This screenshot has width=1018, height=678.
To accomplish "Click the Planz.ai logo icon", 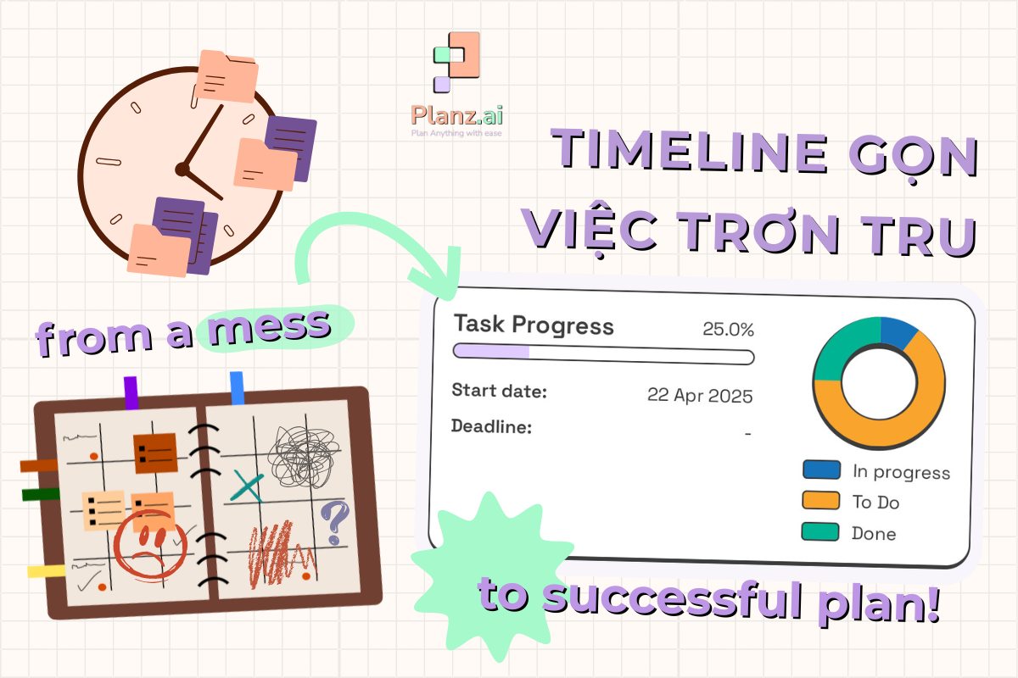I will pyautogui.click(x=456, y=61).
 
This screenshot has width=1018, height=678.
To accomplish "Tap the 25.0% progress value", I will pyautogui.click(x=728, y=330).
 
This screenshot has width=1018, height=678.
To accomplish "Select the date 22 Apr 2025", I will pyautogui.click(x=699, y=396).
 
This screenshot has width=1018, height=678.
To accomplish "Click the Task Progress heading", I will pyautogui.click(x=534, y=325).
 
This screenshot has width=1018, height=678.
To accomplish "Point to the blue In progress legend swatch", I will pyautogui.click(x=820, y=470).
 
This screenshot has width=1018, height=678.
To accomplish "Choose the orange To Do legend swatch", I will pyautogui.click(x=820, y=501).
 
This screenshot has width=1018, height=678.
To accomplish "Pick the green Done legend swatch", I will pyautogui.click(x=820, y=531).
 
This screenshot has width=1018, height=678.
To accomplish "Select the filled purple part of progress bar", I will pyautogui.click(x=491, y=352).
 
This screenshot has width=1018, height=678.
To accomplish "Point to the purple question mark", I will pyautogui.click(x=335, y=521).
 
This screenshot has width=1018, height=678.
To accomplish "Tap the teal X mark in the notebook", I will pyautogui.click(x=247, y=486).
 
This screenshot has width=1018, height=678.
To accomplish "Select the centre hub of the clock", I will pyautogui.click(x=181, y=169).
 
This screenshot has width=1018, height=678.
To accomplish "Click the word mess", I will pyautogui.click(x=270, y=327).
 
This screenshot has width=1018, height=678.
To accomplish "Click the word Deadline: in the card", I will pyautogui.click(x=491, y=425).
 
